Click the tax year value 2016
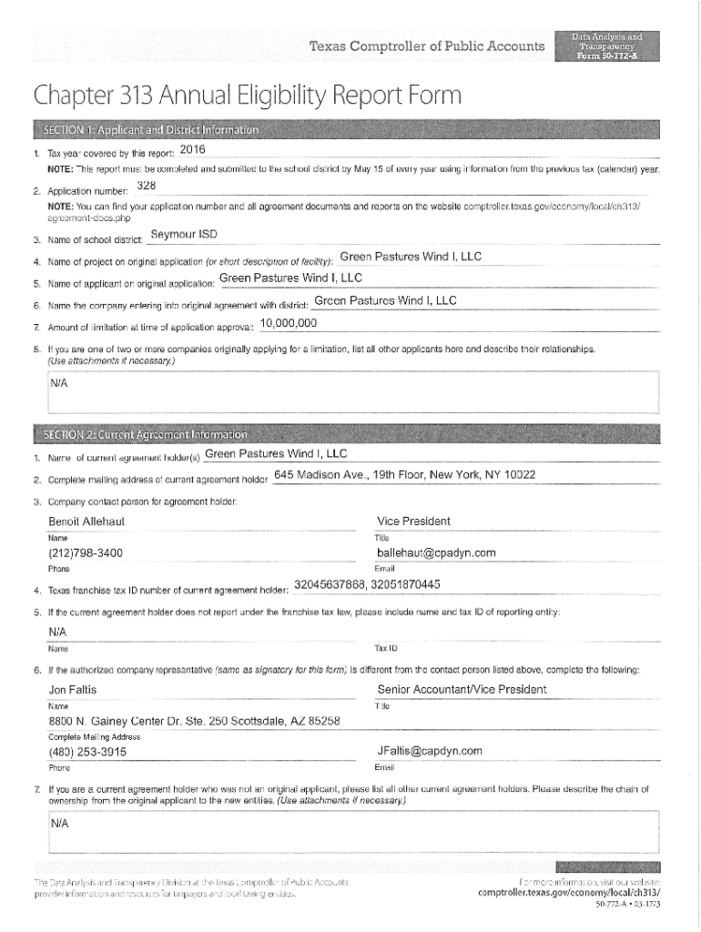tap(194, 149)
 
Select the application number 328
tap(147, 187)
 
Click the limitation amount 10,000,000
tap(289, 323)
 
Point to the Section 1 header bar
tap(346, 129)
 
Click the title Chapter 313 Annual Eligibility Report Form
tap(247, 95)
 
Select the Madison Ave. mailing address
tap(404, 475)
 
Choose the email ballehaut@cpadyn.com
tap(436, 552)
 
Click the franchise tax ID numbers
tap(368, 584)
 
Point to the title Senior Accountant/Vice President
tap(462, 690)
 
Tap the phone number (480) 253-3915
tap(87, 752)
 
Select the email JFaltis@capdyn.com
tap(430, 751)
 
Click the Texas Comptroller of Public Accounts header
tap(427, 46)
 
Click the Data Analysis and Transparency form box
tap(606, 46)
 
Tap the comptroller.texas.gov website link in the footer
tap(569, 893)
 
